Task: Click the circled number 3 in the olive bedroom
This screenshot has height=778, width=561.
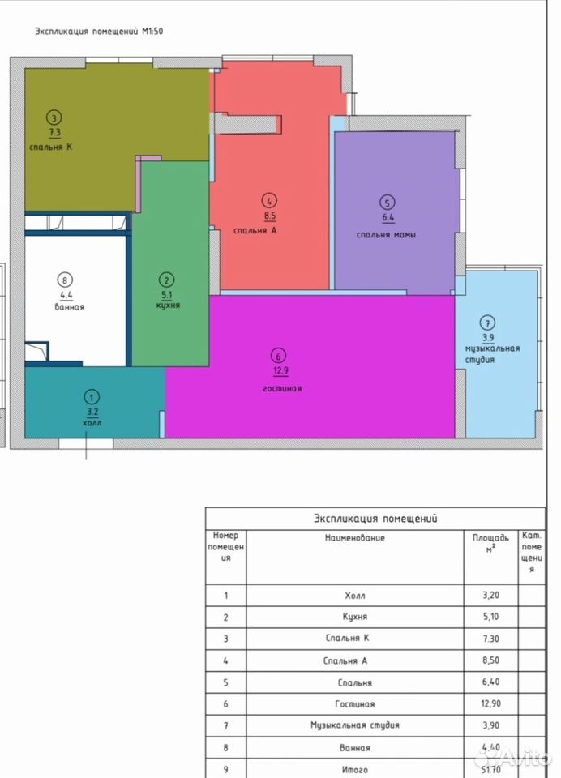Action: click(54, 118)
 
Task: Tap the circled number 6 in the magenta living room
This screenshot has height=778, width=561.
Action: click(279, 356)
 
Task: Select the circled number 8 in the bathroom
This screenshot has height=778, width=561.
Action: click(65, 280)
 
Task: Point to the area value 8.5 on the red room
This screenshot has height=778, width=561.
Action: click(270, 216)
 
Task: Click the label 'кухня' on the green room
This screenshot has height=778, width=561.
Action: click(168, 306)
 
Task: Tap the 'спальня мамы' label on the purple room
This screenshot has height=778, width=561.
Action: click(386, 235)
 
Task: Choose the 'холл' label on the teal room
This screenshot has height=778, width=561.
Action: click(92, 423)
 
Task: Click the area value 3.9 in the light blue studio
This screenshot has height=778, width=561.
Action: click(488, 338)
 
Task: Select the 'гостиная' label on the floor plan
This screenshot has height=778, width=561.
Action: click(282, 388)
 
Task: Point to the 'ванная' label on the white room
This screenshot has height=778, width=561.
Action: click(70, 307)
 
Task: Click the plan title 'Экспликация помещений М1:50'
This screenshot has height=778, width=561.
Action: click(99, 32)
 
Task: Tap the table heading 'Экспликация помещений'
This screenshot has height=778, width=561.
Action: click(375, 519)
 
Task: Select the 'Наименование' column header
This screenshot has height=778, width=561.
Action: click(355, 538)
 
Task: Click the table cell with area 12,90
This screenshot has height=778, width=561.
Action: click(491, 703)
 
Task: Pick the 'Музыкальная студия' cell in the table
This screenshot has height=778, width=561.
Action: click(355, 725)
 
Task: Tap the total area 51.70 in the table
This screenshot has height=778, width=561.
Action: click(490, 770)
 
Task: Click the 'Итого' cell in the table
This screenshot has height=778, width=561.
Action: click(355, 770)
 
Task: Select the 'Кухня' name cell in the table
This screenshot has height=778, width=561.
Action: click(355, 617)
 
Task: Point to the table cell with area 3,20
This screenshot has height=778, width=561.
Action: click(491, 596)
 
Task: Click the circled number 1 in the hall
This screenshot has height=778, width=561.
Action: click(92, 397)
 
